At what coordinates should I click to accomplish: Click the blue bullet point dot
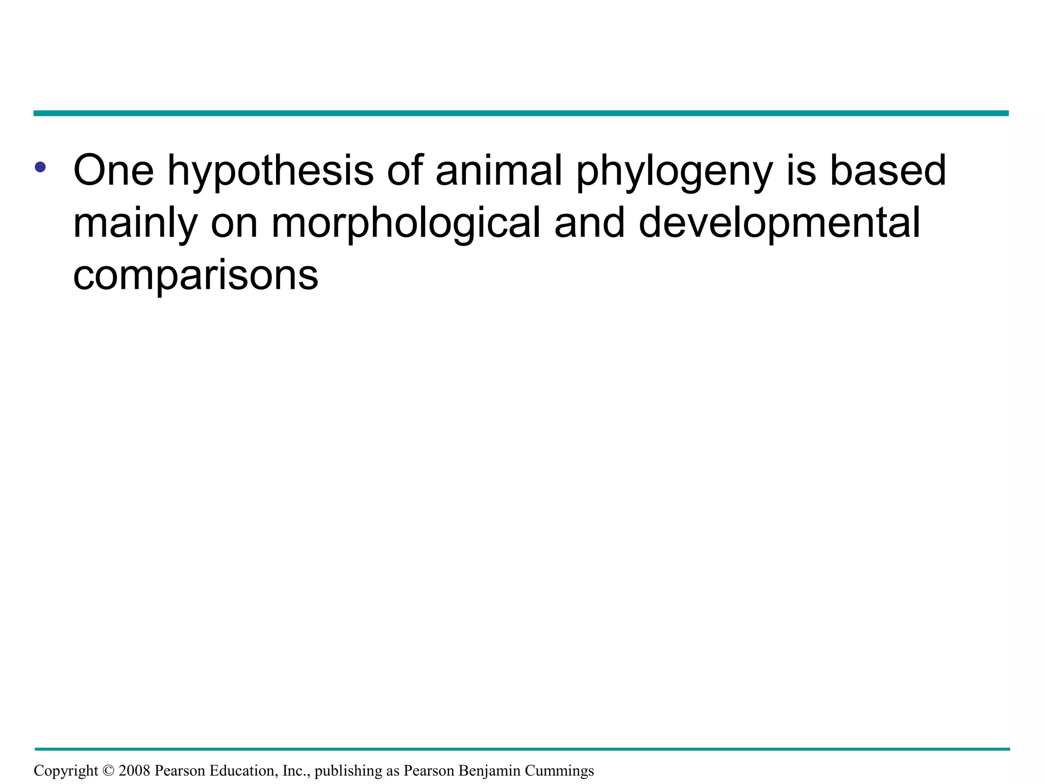click(40, 167)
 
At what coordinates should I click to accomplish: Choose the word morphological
click(406, 223)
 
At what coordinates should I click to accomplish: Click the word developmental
click(779, 223)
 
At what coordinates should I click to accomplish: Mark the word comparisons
click(195, 276)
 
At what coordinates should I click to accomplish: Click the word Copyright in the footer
click(66, 771)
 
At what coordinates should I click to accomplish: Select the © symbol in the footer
click(108, 771)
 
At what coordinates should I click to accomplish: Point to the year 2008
click(134, 771)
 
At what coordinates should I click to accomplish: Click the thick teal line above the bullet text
click(520, 113)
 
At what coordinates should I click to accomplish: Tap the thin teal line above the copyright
click(520, 749)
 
